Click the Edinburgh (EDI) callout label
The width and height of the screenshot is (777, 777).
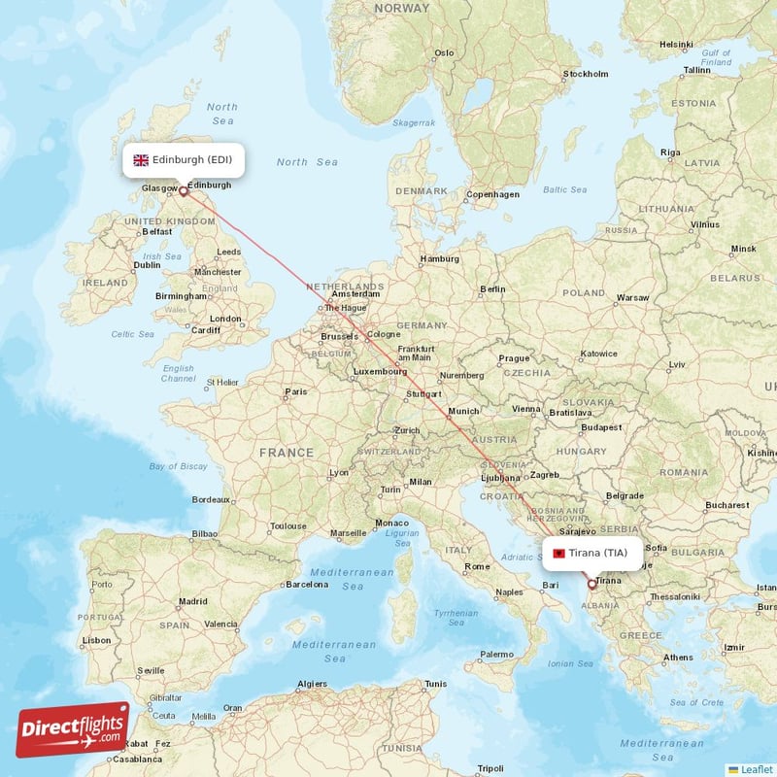[184, 160]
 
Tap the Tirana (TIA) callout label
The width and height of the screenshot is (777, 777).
[592, 554]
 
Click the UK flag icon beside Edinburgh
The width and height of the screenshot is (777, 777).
[141, 160]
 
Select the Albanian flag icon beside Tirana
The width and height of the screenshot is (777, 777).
[559, 554]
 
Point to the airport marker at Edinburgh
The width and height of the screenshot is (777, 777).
[184, 191]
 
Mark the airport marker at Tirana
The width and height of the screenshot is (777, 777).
[592, 585]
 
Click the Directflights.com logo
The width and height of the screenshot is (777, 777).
[73, 729]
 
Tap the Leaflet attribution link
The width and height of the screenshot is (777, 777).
[756, 768]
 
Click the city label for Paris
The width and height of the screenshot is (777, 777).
[295, 393]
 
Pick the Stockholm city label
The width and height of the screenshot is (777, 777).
[586, 74]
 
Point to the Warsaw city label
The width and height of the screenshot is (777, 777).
[632, 297]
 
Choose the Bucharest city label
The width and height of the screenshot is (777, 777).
[727, 505]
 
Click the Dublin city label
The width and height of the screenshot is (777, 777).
[147, 264]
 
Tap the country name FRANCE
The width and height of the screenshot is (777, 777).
[287, 453]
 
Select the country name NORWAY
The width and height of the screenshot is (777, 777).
[401, 8]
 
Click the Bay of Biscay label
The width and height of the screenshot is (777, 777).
[179, 466]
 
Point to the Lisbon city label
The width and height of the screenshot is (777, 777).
[96, 640]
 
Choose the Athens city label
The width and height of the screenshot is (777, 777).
[678, 658]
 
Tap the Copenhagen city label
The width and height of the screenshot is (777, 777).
[492, 194]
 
